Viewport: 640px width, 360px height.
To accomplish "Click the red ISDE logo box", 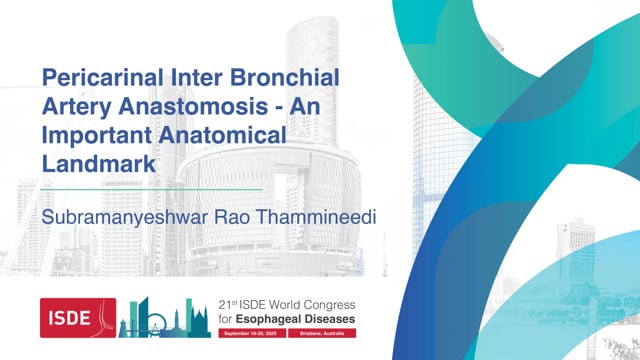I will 78,318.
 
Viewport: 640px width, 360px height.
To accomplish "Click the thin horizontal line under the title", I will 150,188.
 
